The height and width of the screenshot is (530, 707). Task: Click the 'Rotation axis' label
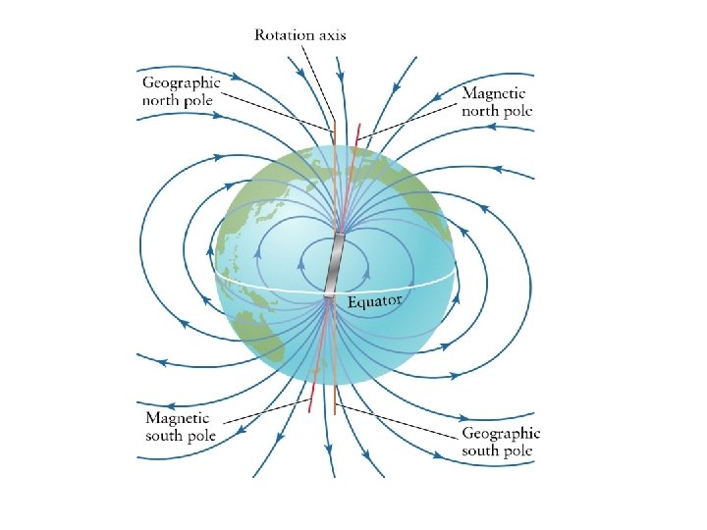tap(299, 35)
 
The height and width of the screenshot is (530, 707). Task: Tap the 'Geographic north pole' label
tap(182, 91)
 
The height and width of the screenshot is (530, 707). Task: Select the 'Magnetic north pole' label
tap(497, 102)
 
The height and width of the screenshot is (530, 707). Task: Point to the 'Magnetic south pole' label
tap(181, 427)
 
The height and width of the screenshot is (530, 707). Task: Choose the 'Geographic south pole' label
tap(501, 442)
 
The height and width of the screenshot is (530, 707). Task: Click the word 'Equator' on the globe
tap(374, 300)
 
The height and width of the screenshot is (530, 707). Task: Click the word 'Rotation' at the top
tap(284, 35)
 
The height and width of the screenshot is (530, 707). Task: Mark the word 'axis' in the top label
tap(331, 35)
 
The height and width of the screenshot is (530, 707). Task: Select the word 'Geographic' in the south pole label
tap(501, 433)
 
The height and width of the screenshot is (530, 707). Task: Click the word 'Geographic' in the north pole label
tap(182, 82)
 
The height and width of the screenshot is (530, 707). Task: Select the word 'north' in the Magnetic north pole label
tap(481, 111)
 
